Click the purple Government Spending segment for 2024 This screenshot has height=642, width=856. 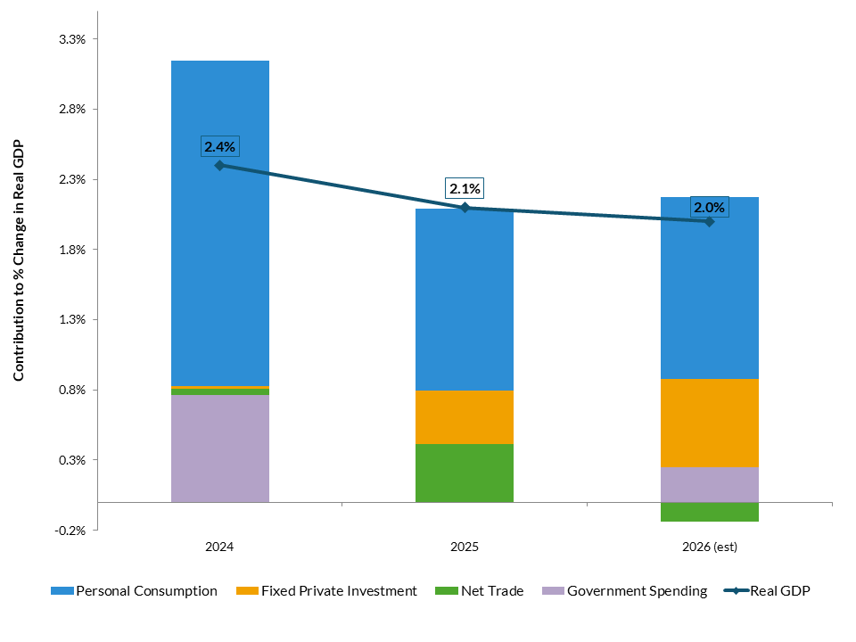(x=219, y=449)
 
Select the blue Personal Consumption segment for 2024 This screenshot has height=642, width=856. (x=219, y=223)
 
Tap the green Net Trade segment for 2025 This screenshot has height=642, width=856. (x=465, y=473)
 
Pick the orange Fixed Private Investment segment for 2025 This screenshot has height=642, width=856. (x=465, y=416)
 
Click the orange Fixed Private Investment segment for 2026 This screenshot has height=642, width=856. (x=710, y=423)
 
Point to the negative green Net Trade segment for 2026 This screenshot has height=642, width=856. (x=710, y=512)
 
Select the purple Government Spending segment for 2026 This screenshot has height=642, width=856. (x=710, y=484)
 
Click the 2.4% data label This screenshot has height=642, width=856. (x=219, y=147)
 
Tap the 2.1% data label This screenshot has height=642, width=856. (x=465, y=189)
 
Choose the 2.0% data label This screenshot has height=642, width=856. (x=710, y=208)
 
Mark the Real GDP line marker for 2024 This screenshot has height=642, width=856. (x=219, y=165)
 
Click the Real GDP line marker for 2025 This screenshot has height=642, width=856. (x=465, y=208)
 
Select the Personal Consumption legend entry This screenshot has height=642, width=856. (x=135, y=590)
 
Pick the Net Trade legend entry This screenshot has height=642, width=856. (x=481, y=590)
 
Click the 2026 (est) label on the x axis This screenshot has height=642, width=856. (x=710, y=547)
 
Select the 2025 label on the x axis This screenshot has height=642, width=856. (x=465, y=547)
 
